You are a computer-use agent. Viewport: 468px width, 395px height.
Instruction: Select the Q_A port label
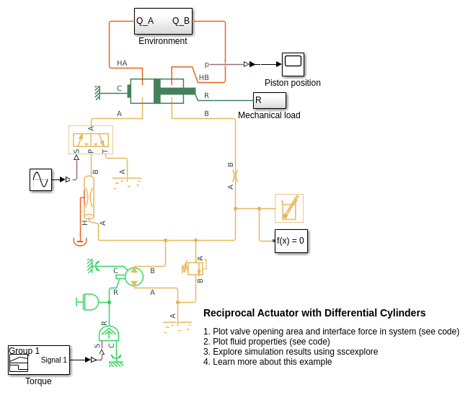[x=145, y=21]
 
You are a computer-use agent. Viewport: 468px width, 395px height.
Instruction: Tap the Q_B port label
[x=181, y=21]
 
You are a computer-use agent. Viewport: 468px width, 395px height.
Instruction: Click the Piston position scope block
[x=293, y=64]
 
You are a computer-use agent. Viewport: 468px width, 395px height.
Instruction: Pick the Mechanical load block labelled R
[x=269, y=100]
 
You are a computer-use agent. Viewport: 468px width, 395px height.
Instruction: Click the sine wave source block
[x=40, y=179]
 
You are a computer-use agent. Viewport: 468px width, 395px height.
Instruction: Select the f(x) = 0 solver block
[x=291, y=241]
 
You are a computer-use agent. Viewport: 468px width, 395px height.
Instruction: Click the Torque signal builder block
[x=39, y=360]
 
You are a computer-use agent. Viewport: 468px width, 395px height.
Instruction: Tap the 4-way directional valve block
[x=91, y=139]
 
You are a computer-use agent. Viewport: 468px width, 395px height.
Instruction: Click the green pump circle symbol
[x=134, y=276]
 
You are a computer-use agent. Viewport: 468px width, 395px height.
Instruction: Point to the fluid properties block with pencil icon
[x=289, y=208]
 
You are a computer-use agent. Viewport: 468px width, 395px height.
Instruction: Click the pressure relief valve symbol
[x=195, y=268]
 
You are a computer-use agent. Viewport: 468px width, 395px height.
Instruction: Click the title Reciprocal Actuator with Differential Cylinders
[x=314, y=313]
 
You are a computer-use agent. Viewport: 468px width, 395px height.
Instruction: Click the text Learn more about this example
[x=268, y=362]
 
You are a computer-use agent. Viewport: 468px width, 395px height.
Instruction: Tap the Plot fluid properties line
[x=266, y=342]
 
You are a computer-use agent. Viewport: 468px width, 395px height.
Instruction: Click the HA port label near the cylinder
[x=122, y=63]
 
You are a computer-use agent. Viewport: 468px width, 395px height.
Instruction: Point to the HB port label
[x=204, y=77]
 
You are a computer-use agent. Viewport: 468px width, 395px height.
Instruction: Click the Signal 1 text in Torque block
[x=54, y=360]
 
